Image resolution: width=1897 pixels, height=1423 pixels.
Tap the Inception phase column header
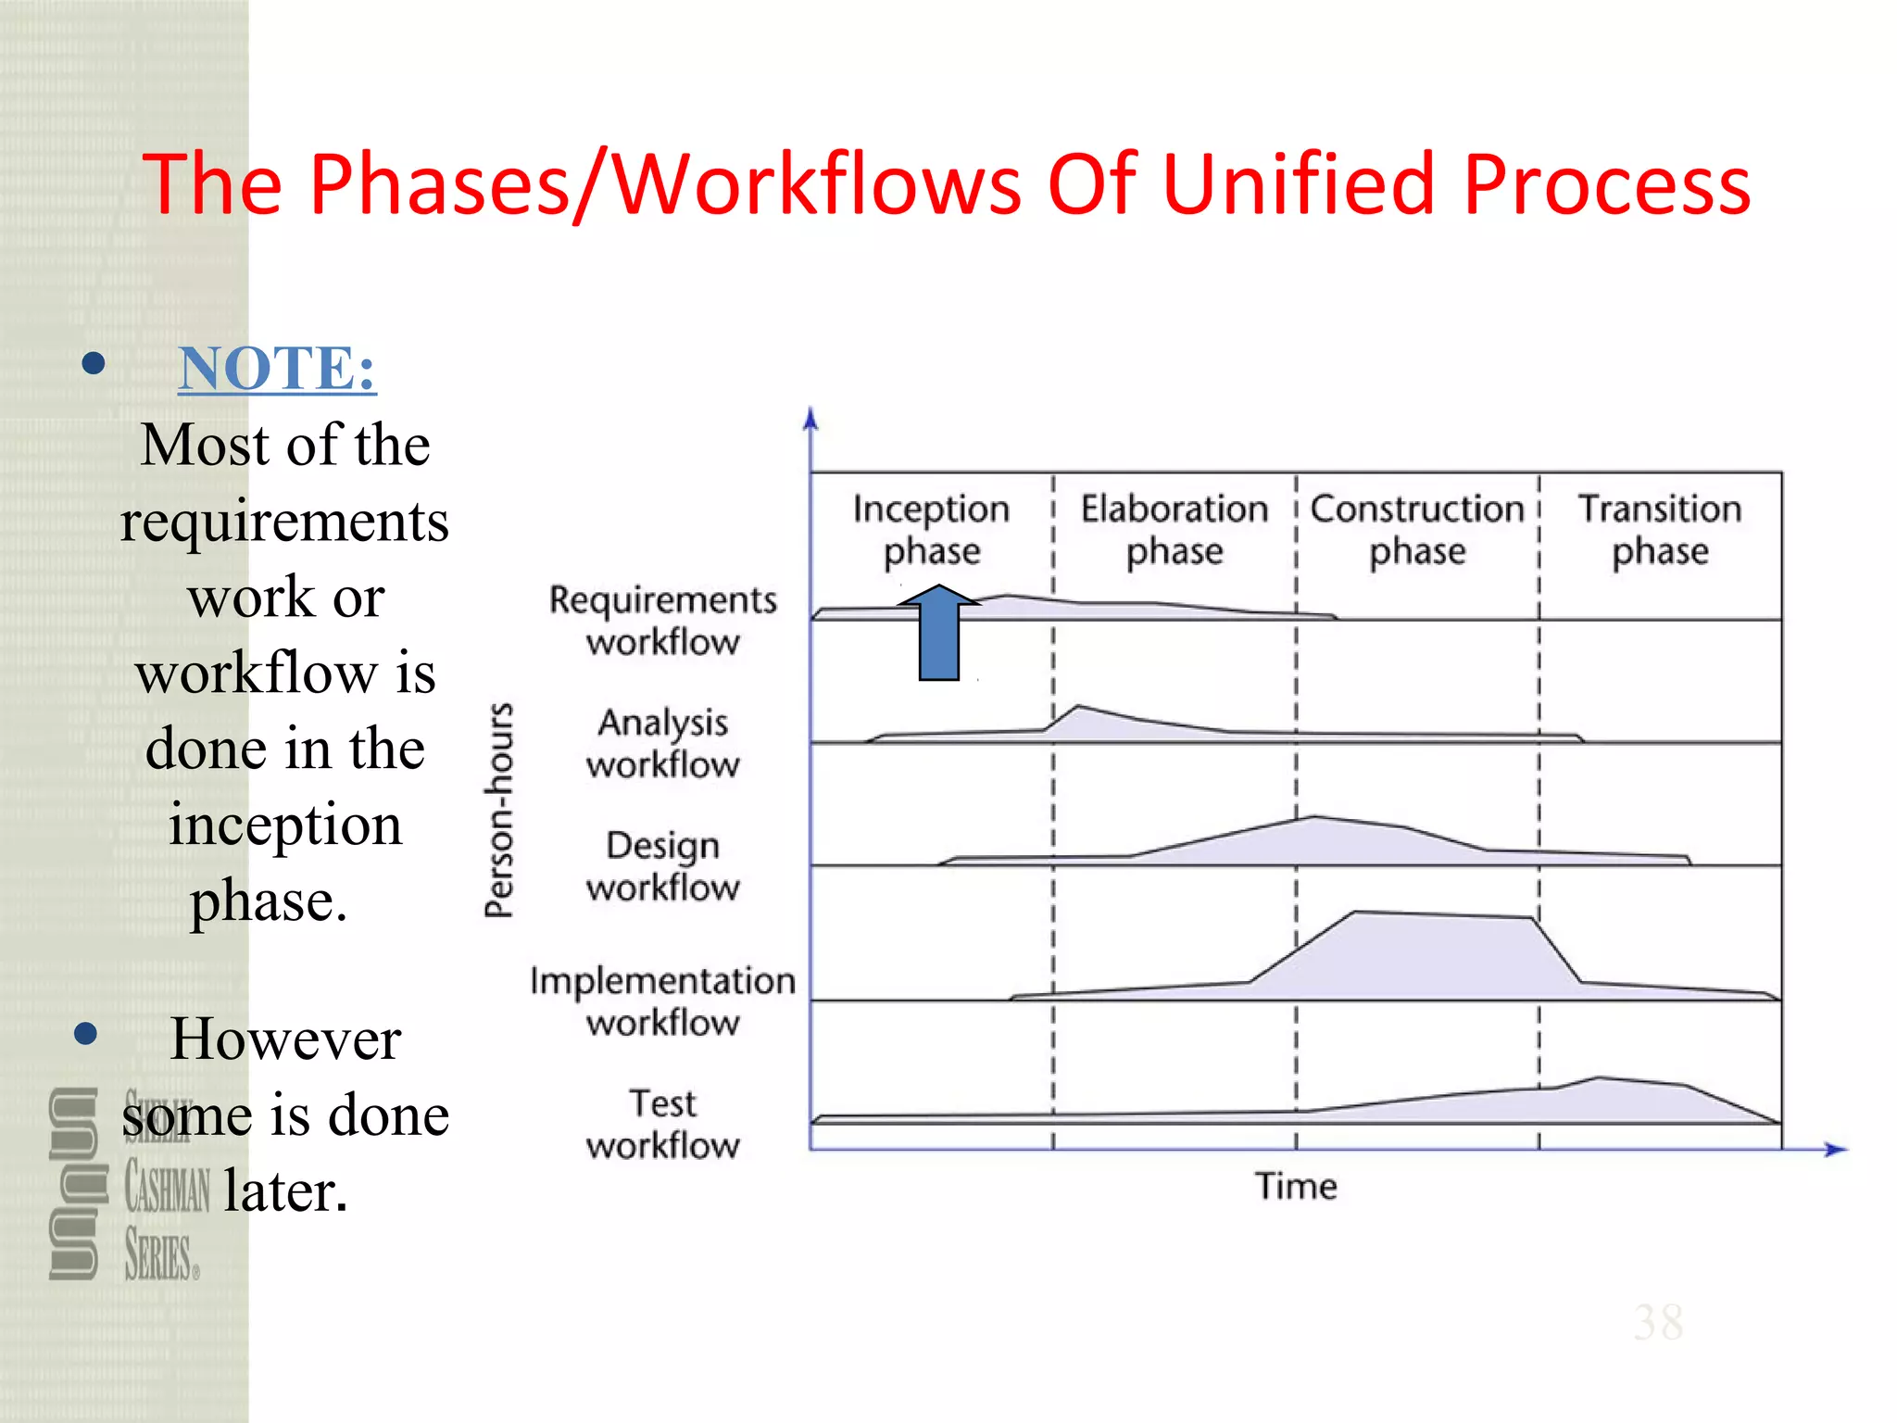[x=931, y=529]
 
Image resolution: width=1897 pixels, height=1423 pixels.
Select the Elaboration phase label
[x=1175, y=529]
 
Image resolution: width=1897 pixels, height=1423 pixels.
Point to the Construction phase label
[x=1417, y=529]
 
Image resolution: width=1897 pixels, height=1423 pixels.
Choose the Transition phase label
[x=1660, y=529]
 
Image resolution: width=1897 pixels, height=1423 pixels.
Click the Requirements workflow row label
[x=663, y=620]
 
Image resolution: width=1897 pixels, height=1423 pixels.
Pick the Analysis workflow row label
[x=663, y=743]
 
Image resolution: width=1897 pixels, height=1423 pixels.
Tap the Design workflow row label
[x=663, y=866]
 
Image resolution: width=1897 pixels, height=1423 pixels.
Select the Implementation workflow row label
[x=663, y=1001]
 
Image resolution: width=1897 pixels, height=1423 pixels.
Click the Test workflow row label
[x=663, y=1124]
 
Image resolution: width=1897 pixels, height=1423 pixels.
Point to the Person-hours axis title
[x=499, y=811]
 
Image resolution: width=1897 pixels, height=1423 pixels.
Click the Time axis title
[x=1296, y=1186]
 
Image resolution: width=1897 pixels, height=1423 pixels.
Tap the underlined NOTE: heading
[x=277, y=368]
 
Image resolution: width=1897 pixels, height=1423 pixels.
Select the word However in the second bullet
[x=285, y=1039]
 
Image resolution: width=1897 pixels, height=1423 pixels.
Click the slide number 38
[x=1658, y=1322]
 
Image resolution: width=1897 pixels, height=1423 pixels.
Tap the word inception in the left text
[x=285, y=824]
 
